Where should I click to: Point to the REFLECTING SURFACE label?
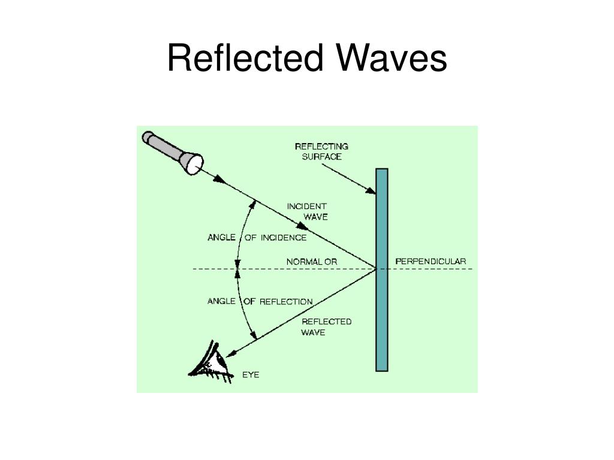(x=321, y=152)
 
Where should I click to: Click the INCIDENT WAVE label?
(x=307, y=211)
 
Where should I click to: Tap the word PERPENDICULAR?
(x=431, y=262)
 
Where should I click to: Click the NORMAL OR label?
(x=311, y=262)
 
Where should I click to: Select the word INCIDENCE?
(x=283, y=238)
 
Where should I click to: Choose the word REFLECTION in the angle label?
(x=285, y=301)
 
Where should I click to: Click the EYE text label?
(x=251, y=376)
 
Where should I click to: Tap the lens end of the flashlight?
(x=195, y=163)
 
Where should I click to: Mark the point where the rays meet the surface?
(x=376, y=269)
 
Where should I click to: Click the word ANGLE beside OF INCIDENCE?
(x=221, y=237)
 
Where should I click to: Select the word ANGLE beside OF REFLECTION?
(x=221, y=301)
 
